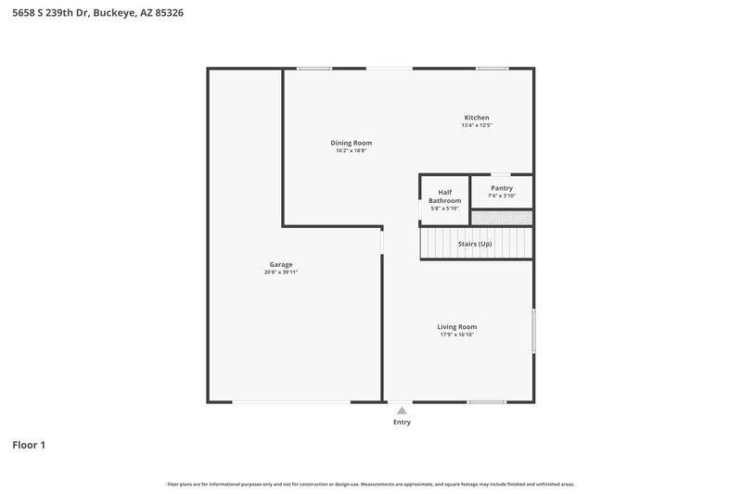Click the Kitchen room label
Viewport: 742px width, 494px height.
[x=477, y=118]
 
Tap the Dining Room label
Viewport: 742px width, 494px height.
[x=352, y=143]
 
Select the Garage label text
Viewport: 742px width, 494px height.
[x=281, y=264]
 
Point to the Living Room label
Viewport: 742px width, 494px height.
[x=457, y=326]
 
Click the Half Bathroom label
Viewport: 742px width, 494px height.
[x=444, y=196]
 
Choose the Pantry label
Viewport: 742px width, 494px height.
[x=502, y=188]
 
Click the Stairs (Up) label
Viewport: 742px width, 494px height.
[x=475, y=244]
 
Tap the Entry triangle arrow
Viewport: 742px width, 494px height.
[x=402, y=410]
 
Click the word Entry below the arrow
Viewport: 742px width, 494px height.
[x=402, y=422]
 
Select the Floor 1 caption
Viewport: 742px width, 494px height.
[x=29, y=445]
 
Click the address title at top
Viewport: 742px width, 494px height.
[x=91, y=14]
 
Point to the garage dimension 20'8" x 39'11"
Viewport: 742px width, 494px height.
[x=281, y=272]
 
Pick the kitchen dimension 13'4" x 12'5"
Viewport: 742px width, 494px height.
[x=477, y=125]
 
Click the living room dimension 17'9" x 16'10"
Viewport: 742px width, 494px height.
[x=457, y=335]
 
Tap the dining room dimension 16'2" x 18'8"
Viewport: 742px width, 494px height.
[x=352, y=151]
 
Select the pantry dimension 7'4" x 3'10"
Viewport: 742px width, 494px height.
[x=502, y=196]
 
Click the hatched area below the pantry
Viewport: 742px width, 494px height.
[x=502, y=218]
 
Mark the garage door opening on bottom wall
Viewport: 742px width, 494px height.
[x=290, y=401]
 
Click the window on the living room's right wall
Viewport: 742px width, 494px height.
[x=533, y=330]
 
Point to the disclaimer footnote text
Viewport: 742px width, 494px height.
[x=371, y=484]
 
